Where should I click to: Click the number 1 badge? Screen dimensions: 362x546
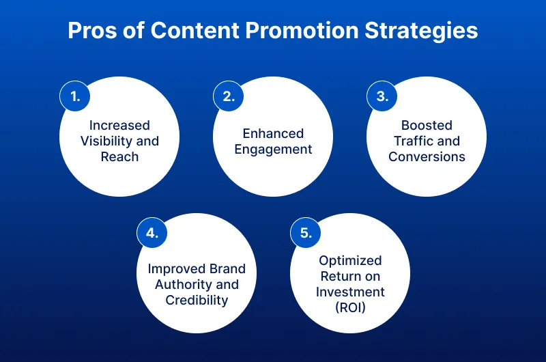click(x=75, y=97)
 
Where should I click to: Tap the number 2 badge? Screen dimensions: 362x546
click(x=229, y=97)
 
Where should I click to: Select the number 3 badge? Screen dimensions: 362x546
click(x=382, y=97)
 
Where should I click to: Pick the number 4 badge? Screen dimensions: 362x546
click(x=152, y=233)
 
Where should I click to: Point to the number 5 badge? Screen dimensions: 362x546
click(x=306, y=233)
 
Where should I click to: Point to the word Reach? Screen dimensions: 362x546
click(x=119, y=156)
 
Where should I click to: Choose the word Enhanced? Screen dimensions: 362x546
click(x=273, y=133)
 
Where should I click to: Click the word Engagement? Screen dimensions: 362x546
click(x=273, y=149)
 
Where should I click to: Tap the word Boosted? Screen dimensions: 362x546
click(x=427, y=126)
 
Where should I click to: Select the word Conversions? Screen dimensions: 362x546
click(x=427, y=156)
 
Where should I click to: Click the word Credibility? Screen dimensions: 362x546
click(x=197, y=300)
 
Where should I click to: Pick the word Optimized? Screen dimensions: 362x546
click(x=350, y=261)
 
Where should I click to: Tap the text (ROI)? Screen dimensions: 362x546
click(x=350, y=307)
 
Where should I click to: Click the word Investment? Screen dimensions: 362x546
click(x=350, y=292)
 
